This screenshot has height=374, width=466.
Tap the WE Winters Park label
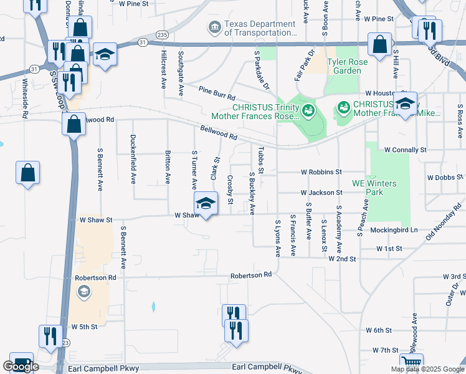pyautogui.click(x=375, y=188)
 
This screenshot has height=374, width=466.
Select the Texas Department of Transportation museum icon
pyautogui.click(x=214, y=28)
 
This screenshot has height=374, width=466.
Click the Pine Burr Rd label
pyautogui.click(x=217, y=93)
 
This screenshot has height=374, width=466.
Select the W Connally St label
pyautogui.click(x=405, y=150)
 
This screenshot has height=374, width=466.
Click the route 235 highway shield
pyautogui.click(x=163, y=35)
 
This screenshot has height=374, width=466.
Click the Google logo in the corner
pyautogui.click(x=21, y=367)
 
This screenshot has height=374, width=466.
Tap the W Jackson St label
pyautogui.click(x=321, y=193)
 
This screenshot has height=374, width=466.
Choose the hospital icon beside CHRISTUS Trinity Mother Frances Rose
pyautogui.click(x=307, y=111)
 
